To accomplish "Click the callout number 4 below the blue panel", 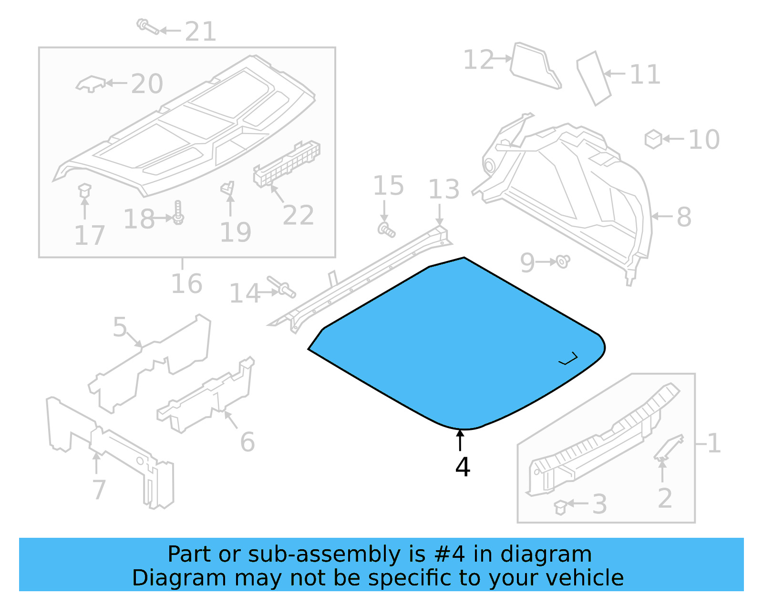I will (x=463, y=467).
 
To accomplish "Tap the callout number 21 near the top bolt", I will (x=200, y=32).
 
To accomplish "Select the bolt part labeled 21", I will (x=147, y=26).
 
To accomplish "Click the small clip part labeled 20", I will (x=91, y=84).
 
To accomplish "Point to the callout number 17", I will (x=90, y=236).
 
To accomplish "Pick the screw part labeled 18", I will (x=178, y=213).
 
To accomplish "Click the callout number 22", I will (x=298, y=215).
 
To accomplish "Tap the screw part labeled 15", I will (x=386, y=230).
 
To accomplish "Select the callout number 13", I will (x=443, y=189).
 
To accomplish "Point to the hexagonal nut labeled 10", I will (x=653, y=139).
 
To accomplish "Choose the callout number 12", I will (x=478, y=60).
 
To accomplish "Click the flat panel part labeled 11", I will (x=593, y=78).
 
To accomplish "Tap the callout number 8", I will (x=684, y=217).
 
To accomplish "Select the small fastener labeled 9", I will (x=563, y=261).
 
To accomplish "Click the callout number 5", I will (x=120, y=327).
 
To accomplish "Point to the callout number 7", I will (x=99, y=490).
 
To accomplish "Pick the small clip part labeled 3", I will (x=560, y=507).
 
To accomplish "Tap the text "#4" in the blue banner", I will (x=449, y=554).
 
